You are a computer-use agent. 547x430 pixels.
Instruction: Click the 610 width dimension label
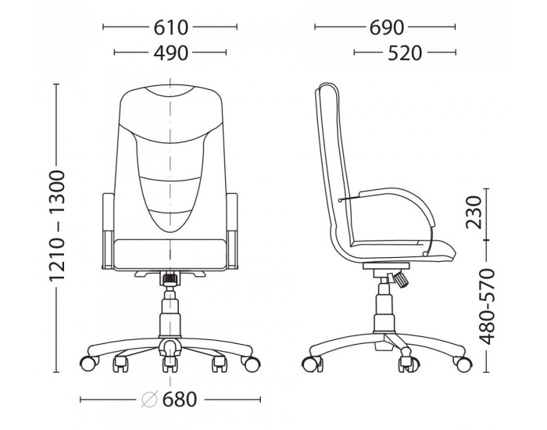pyautogui.click(x=170, y=27)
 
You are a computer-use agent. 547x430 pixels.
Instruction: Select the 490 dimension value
pyautogui.click(x=170, y=53)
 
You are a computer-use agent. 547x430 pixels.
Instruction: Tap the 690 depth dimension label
pyautogui.click(x=387, y=27)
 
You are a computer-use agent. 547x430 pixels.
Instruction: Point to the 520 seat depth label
pyautogui.click(x=405, y=53)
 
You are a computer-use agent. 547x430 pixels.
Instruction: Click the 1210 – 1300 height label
pyautogui.click(x=56, y=225)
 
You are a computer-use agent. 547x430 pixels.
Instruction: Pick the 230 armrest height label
pyautogui.click(x=474, y=212)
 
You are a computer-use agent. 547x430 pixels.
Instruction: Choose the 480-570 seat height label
pyautogui.click(x=487, y=306)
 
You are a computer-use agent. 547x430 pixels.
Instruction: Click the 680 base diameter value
pyautogui.click(x=180, y=400)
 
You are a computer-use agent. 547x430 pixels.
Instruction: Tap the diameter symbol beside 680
pyautogui.click(x=150, y=400)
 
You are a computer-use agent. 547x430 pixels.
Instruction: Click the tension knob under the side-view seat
pyautogui.click(x=400, y=280)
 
